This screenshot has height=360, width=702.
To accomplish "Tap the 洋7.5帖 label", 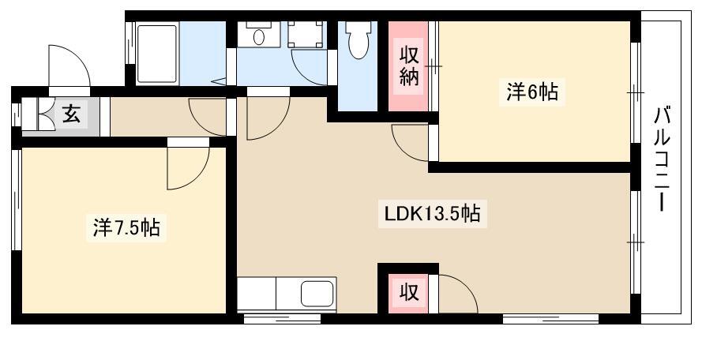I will pyautogui.click(x=126, y=230).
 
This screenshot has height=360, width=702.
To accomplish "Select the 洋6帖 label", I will pyautogui.click(x=531, y=93).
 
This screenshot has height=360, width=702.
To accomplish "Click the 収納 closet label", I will pyautogui.click(x=408, y=67).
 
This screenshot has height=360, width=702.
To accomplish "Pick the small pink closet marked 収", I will pyautogui.click(x=407, y=292).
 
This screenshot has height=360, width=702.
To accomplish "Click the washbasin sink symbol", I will pyautogui.click(x=258, y=36).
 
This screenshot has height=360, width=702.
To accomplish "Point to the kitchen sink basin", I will pyautogui.click(x=318, y=295).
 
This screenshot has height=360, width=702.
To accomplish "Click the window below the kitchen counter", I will pyautogui.click(x=282, y=319).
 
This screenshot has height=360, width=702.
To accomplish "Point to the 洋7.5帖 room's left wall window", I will pyautogui.click(x=15, y=198).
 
